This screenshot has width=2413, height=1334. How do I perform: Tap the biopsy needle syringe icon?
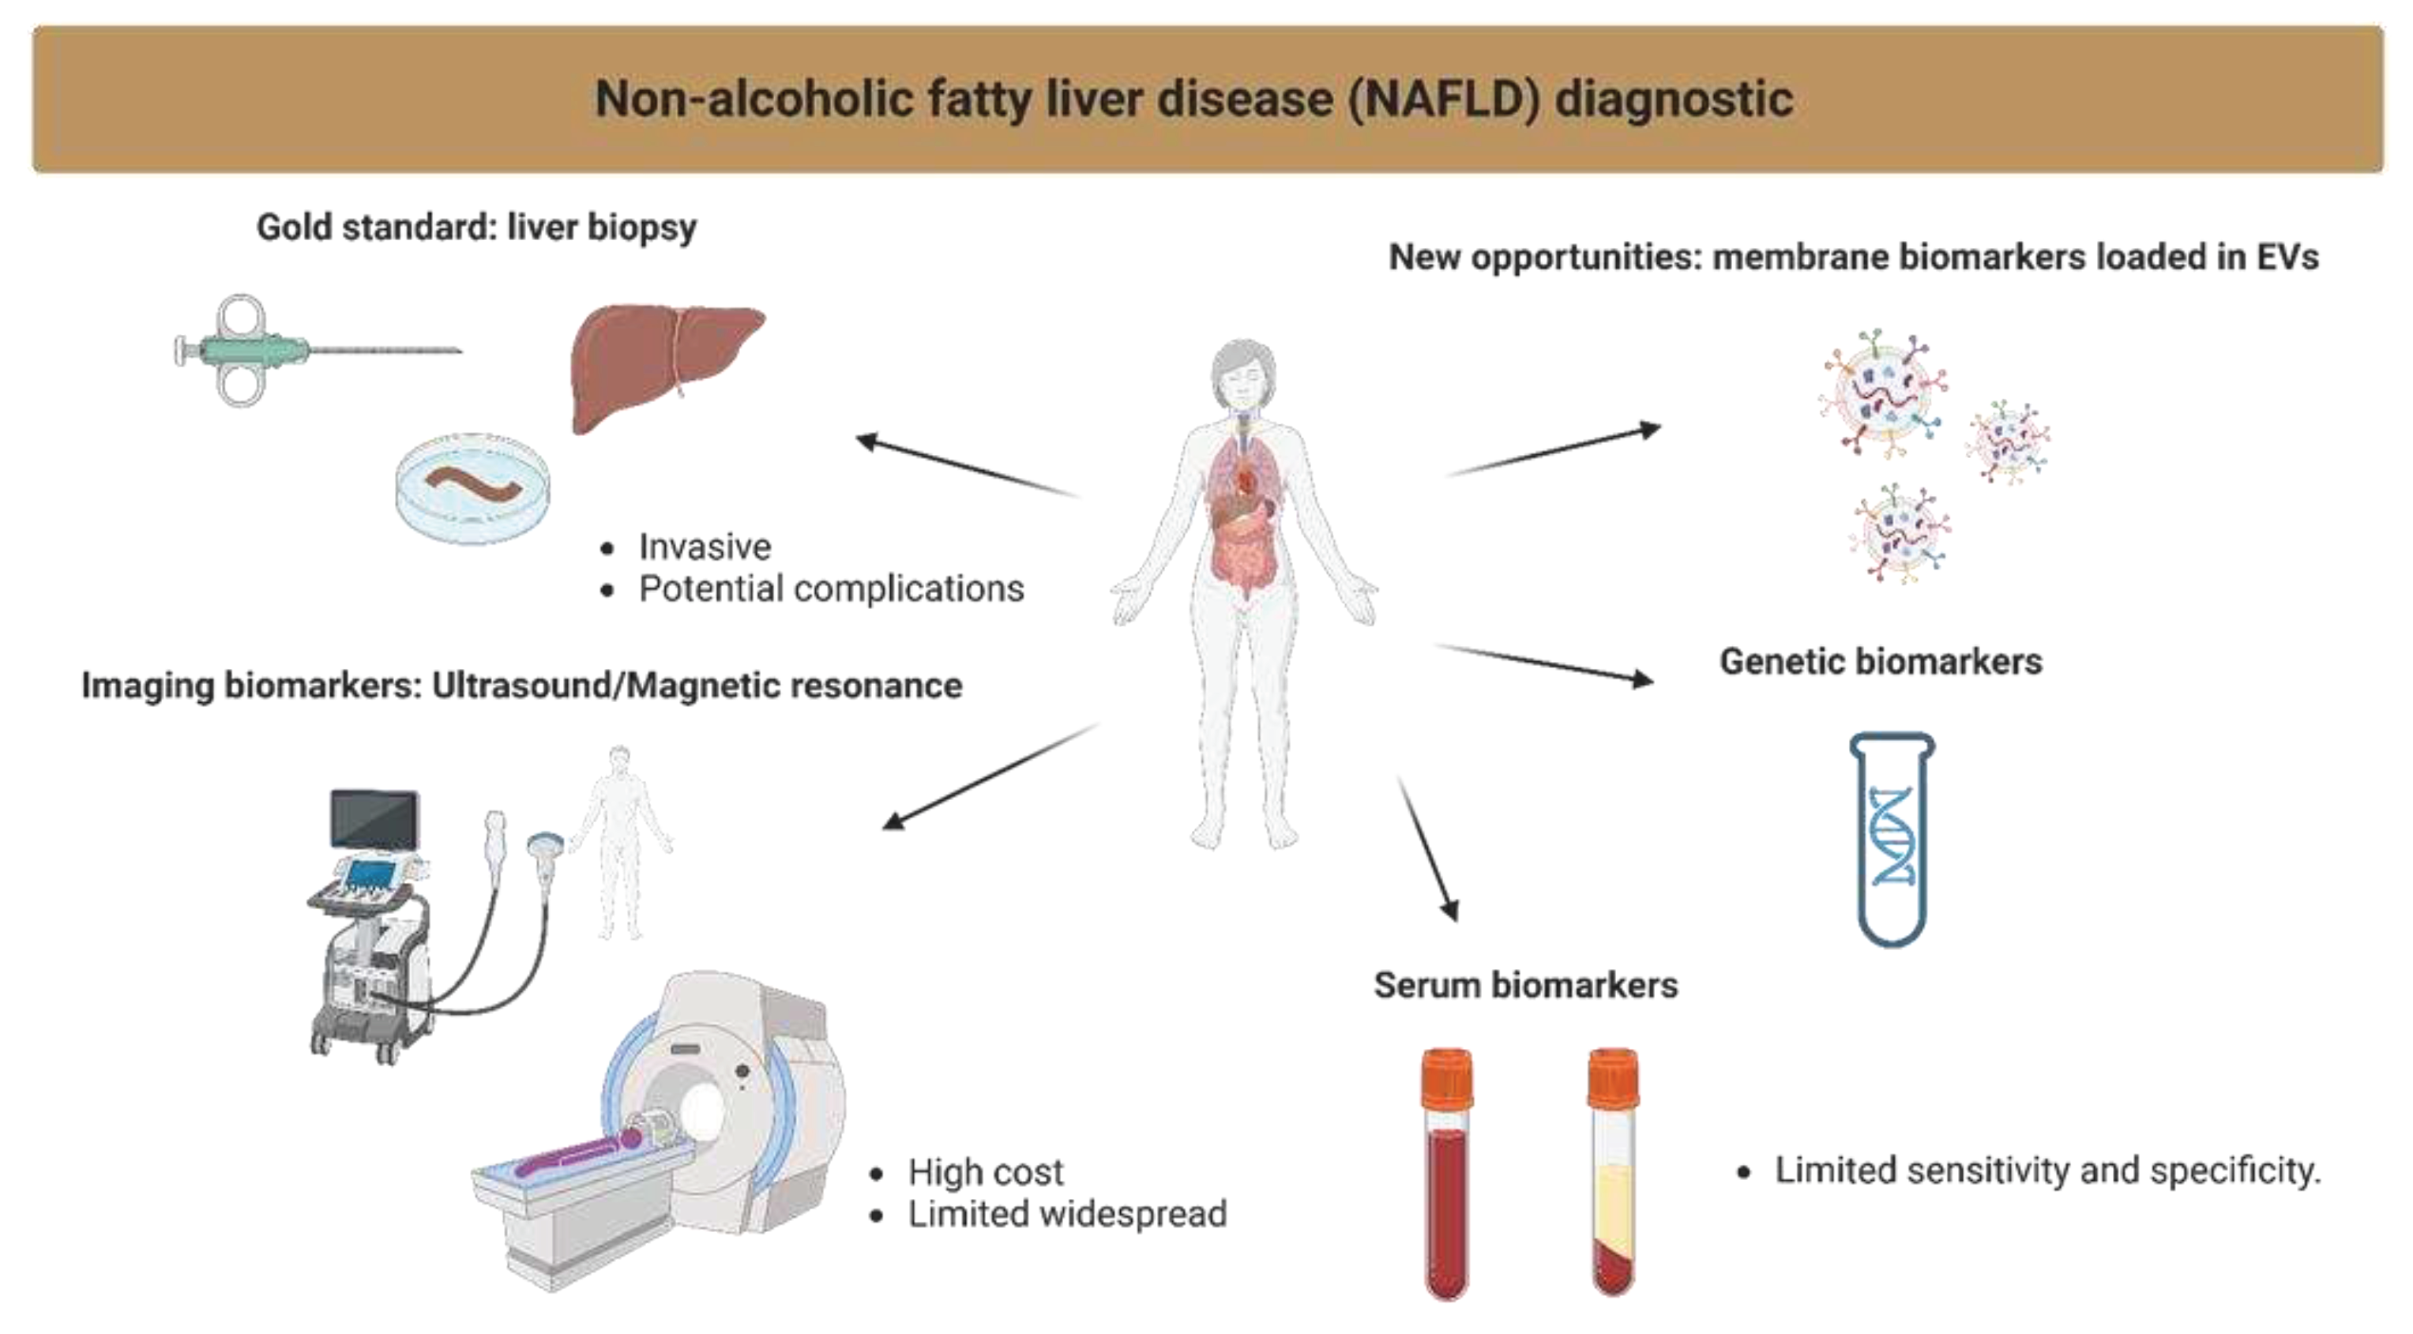coord(272,351)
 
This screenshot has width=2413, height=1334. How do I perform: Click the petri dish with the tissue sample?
coord(472,487)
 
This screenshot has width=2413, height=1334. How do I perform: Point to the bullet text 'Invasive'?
coord(705,546)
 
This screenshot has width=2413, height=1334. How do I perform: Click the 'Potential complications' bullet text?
coord(831,589)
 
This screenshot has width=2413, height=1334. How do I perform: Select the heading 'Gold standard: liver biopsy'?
coord(477,227)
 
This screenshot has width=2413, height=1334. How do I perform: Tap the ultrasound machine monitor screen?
coord(374,817)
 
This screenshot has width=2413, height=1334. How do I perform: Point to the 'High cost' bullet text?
coord(986,1172)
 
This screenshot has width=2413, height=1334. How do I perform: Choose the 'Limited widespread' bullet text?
coord(1067,1214)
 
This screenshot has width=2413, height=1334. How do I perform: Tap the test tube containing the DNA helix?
coord(1892,839)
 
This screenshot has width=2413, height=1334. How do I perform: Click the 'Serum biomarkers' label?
coord(1526,986)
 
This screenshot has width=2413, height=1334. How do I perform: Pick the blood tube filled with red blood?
coord(1447,1176)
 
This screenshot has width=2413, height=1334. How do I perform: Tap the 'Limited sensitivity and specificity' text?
coord(2047,1171)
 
